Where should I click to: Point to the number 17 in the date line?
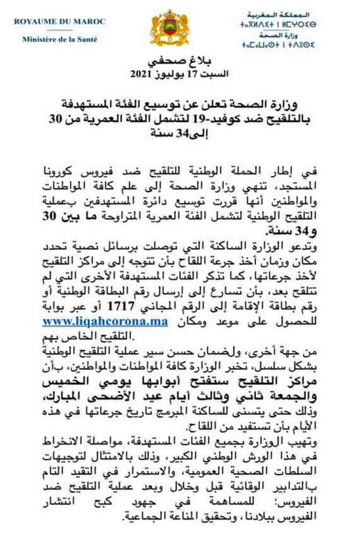click(194, 74)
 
